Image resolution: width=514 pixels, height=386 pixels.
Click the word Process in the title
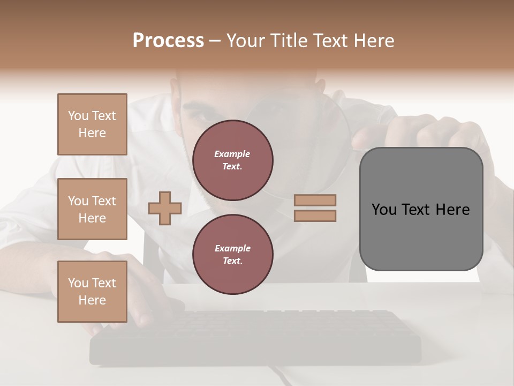168,41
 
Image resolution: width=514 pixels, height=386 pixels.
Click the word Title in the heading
289,41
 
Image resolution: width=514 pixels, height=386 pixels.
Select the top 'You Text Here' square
92,124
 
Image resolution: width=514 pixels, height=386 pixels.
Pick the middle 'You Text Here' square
92,209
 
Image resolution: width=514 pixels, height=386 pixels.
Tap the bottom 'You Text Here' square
92,292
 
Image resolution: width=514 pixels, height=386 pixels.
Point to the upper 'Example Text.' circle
232,160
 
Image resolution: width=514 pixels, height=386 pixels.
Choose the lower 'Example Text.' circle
232,254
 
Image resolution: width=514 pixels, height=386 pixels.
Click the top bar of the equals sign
315,200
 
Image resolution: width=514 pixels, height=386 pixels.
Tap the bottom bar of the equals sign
315,216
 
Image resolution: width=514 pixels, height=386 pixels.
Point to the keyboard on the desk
257,335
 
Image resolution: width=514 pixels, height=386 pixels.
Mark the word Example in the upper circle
232,154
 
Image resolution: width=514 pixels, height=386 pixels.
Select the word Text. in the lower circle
232,261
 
